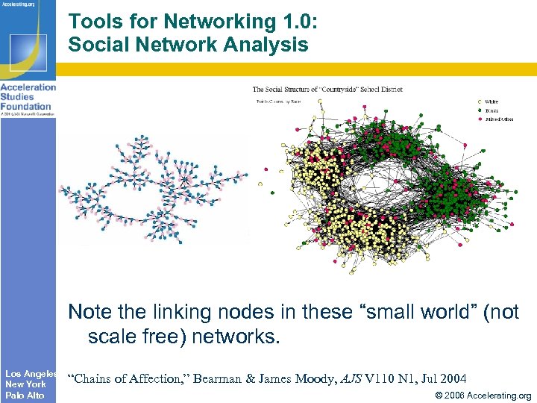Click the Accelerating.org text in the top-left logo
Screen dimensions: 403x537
[x=21, y=3]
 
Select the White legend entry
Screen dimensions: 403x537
[x=491, y=101]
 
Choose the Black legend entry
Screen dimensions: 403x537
[x=491, y=110]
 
